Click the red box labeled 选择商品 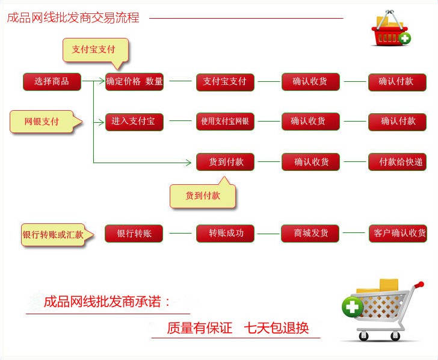(x=52, y=82)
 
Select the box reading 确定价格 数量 (x=134, y=82)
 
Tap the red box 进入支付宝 (x=134, y=122)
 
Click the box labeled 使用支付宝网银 (x=225, y=122)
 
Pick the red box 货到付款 (x=225, y=162)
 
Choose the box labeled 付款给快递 (x=398, y=162)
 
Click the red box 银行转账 (x=134, y=234)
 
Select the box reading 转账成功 (x=225, y=234)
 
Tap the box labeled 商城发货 (x=310, y=234)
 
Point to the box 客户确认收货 (x=398, y=234)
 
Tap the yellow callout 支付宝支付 (x=96, y=51)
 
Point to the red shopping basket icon (x=390, y=28)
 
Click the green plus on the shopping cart (x=353, y=307)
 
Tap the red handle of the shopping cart (x=419, y=285)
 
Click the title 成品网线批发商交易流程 (x=73, y=17)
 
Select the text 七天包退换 (x=277, y=328)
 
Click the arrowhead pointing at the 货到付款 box (x=188, y=162)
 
